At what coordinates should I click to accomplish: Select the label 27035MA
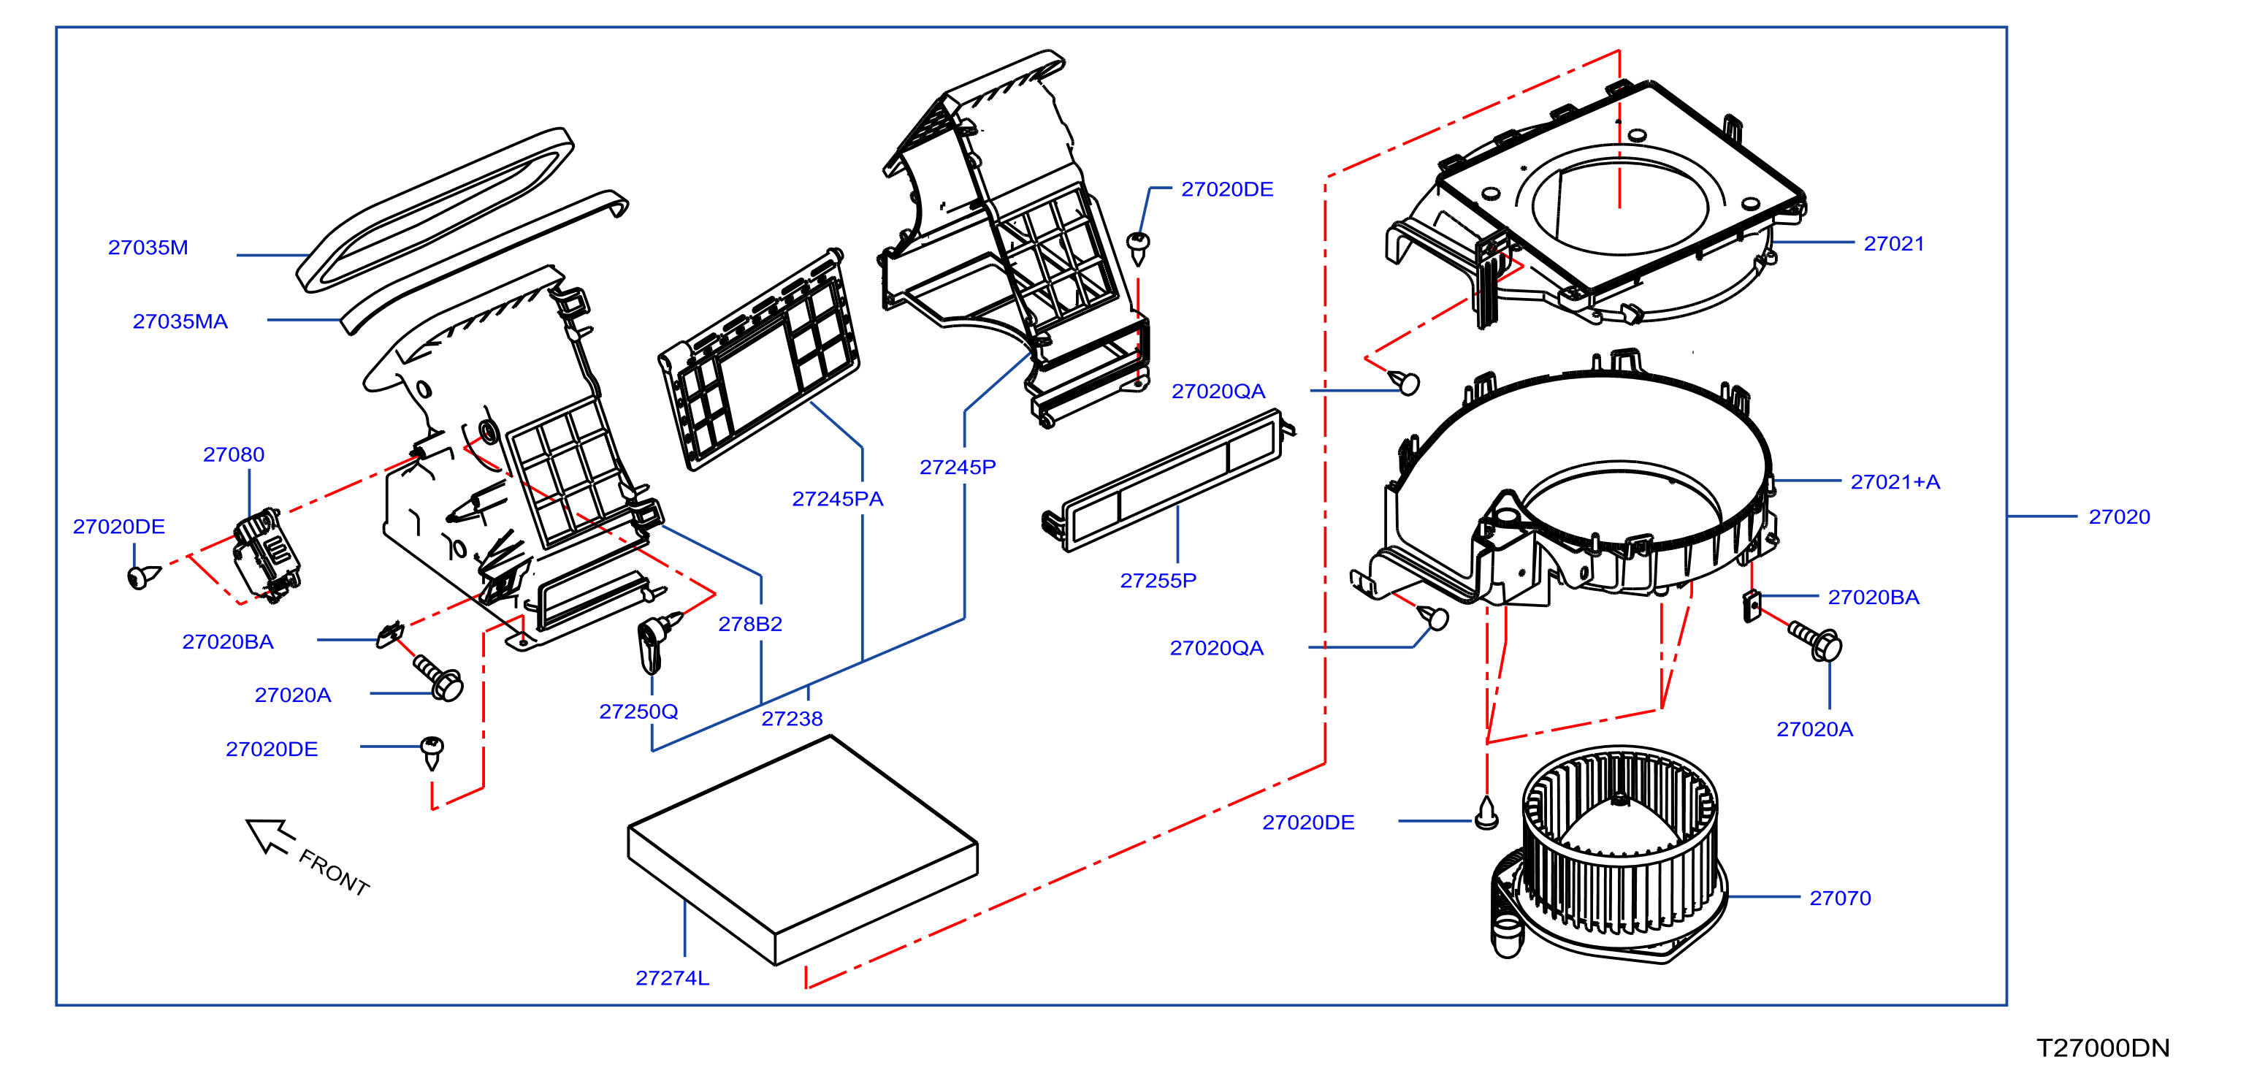[x=180, y=321]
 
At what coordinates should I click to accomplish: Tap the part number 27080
[x=233, y=455]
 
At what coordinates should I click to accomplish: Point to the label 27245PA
[x=838, y=500]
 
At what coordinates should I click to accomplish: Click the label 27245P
[x=958, y=467]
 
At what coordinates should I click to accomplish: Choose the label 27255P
[x=1158, y=580]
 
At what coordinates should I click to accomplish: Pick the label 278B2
[x=750, y=624]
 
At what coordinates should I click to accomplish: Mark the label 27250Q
[x=638, y=711]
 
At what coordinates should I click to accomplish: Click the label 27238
[x=792, y=719]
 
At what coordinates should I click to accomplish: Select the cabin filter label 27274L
[x=672, y=978]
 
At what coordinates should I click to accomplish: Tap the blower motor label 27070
[x=1840, y=898]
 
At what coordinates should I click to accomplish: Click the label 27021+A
[x=1895, y=482]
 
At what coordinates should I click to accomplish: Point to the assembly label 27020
[x=2120, y=517]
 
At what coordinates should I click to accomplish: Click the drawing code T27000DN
[x=2103, y=1048]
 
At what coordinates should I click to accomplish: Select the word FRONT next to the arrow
[x=334, y=872]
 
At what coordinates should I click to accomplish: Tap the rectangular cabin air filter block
[x=803, y=850]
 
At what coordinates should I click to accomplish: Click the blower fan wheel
[x=1620, y=841]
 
